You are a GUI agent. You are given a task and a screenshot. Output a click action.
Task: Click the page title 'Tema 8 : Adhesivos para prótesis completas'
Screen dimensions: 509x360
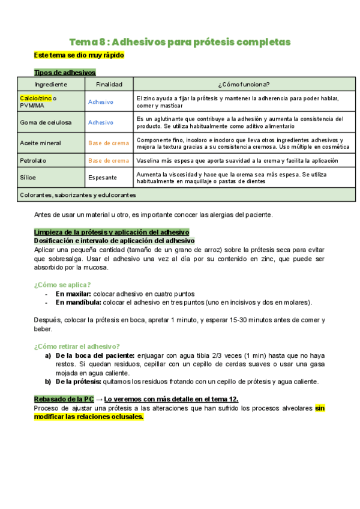[180, 42]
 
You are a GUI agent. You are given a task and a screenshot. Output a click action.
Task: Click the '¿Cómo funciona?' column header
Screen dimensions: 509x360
[244, 85]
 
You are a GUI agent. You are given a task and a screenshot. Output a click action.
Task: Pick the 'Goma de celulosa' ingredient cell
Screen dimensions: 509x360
[46, 122]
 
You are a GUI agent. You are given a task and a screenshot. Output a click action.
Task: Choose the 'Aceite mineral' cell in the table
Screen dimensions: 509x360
[41, 143]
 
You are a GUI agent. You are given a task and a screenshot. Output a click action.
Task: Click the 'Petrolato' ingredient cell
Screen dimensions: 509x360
[33, 161]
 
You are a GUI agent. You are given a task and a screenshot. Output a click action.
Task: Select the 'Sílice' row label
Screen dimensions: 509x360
[28, 178]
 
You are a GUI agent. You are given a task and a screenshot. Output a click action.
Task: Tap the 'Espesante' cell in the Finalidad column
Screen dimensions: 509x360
[102, 178]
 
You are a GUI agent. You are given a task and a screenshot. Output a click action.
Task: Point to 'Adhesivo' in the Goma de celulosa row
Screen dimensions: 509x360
[100, 122]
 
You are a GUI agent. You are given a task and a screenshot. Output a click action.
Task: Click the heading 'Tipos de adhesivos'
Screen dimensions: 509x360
[65, 73]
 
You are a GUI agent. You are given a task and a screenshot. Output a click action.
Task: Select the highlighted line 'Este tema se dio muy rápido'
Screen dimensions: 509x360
[79, 55]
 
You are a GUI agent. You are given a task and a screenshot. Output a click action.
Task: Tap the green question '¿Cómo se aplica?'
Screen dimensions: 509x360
[62, 285]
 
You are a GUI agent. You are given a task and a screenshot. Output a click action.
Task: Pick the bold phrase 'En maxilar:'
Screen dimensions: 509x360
[74, 294]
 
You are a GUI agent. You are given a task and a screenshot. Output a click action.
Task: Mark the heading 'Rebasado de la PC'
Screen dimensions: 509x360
[63, 399]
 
